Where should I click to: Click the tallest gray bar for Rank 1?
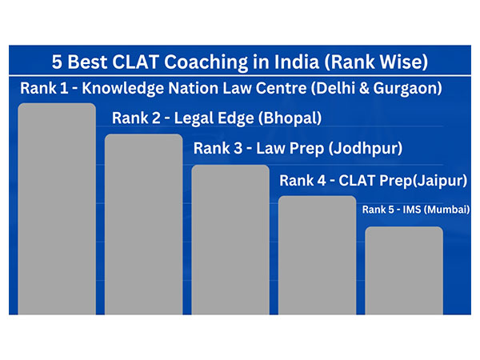coord(57,208)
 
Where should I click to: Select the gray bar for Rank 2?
coord(143,224)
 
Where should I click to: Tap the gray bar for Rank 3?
coord(230,240)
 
